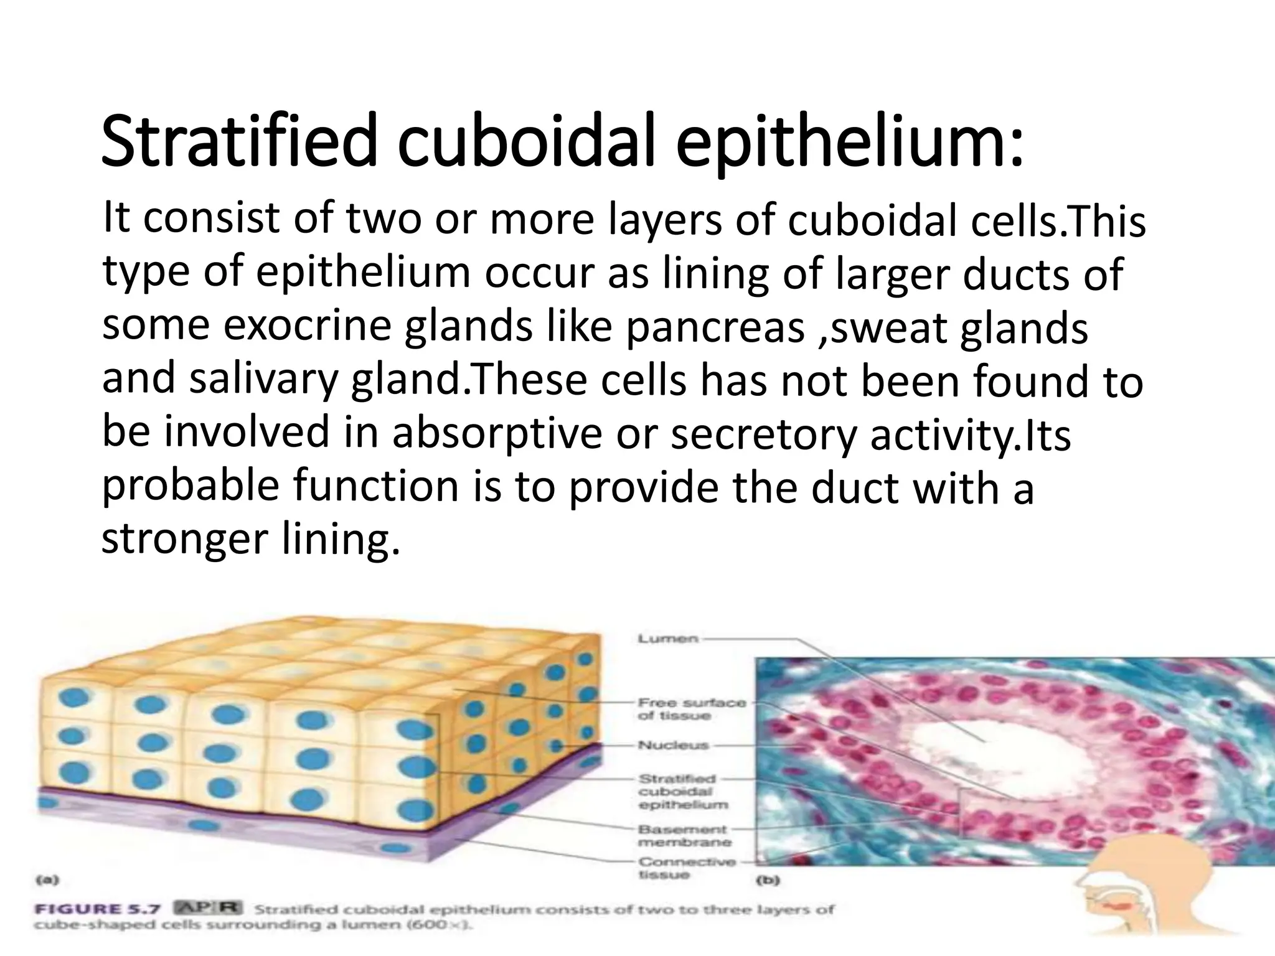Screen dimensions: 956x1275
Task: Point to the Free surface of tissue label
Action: point(692,709)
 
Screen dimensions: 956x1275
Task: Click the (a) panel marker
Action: point(47,880)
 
